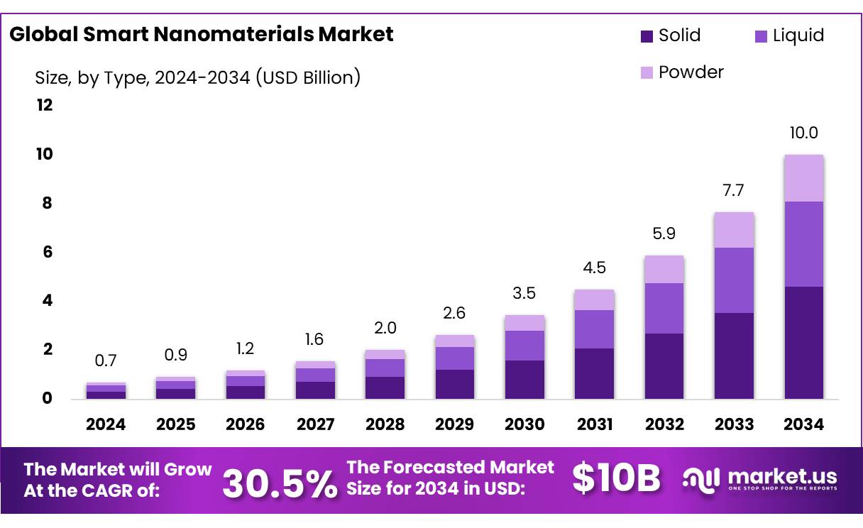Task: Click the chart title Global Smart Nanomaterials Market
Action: pos(201,34)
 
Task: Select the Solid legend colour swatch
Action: pos(647,36)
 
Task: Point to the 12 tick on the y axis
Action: pos(44,106)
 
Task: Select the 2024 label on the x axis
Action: pos(105,424)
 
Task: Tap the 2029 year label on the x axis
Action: pos(454,424)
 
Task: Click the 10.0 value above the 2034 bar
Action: pos(803,133)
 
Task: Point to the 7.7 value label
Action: pos(734,190)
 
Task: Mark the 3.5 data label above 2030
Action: pos(524,294)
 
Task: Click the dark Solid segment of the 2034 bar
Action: pos(803,343)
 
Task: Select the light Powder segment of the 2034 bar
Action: pos(803,178)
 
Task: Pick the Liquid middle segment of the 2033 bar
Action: pos(734,280)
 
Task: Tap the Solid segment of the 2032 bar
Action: pos(664,366)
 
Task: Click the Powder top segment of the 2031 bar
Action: pos(594,299)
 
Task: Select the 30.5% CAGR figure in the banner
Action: pos(280,483)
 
